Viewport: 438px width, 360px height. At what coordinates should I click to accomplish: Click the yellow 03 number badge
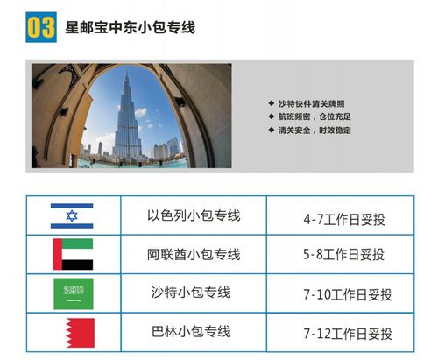coord(41,27)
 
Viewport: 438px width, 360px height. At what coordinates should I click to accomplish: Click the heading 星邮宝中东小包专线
coord(130,28)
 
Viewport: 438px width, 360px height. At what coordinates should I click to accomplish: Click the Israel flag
coord(72,216)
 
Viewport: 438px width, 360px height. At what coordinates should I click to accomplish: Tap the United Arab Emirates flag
coord(73,254)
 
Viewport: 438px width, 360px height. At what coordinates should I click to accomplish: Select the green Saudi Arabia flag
coord(72,293)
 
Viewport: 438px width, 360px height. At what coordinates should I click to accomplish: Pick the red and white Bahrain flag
coord(73,334)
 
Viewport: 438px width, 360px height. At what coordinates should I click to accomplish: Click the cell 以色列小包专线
coord(194,215)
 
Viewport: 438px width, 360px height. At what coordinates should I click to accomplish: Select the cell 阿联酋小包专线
coord(194,254)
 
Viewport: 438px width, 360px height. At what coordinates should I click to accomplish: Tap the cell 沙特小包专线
coord(194,293)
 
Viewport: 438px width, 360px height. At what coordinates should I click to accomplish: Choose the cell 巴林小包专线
coord(194,333)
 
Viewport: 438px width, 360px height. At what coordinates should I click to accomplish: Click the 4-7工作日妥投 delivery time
coord(343,216)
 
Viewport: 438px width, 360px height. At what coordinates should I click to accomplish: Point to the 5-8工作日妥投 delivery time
coord(343,255)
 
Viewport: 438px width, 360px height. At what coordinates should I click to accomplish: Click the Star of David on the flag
coord(72,216)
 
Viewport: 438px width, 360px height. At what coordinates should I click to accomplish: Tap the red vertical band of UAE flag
coord(58,254)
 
